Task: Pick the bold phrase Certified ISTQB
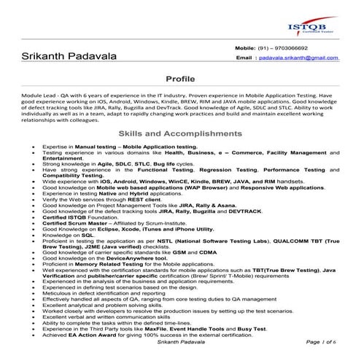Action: click(x=61, y=216)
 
